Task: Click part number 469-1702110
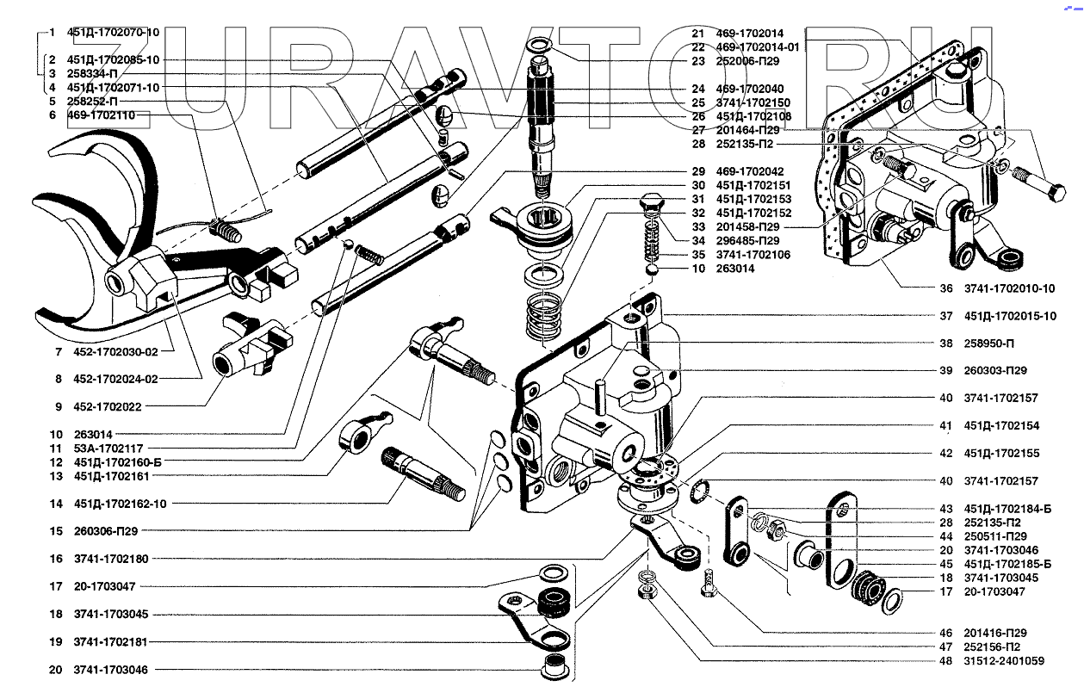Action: (102, 114)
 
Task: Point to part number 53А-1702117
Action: (108, 449)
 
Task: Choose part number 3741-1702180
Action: (110, 559)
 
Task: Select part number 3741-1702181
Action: (110, 641)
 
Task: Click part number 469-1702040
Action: (749, 89)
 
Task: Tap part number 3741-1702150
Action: (753, 102)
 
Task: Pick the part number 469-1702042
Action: (749, 171)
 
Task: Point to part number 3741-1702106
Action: (753, 255)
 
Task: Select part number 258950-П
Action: (988, 343)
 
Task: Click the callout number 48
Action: (946, 660)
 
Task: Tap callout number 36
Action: (946, 288)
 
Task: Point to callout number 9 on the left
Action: (53, 406)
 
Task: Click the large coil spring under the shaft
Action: (544, 314)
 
